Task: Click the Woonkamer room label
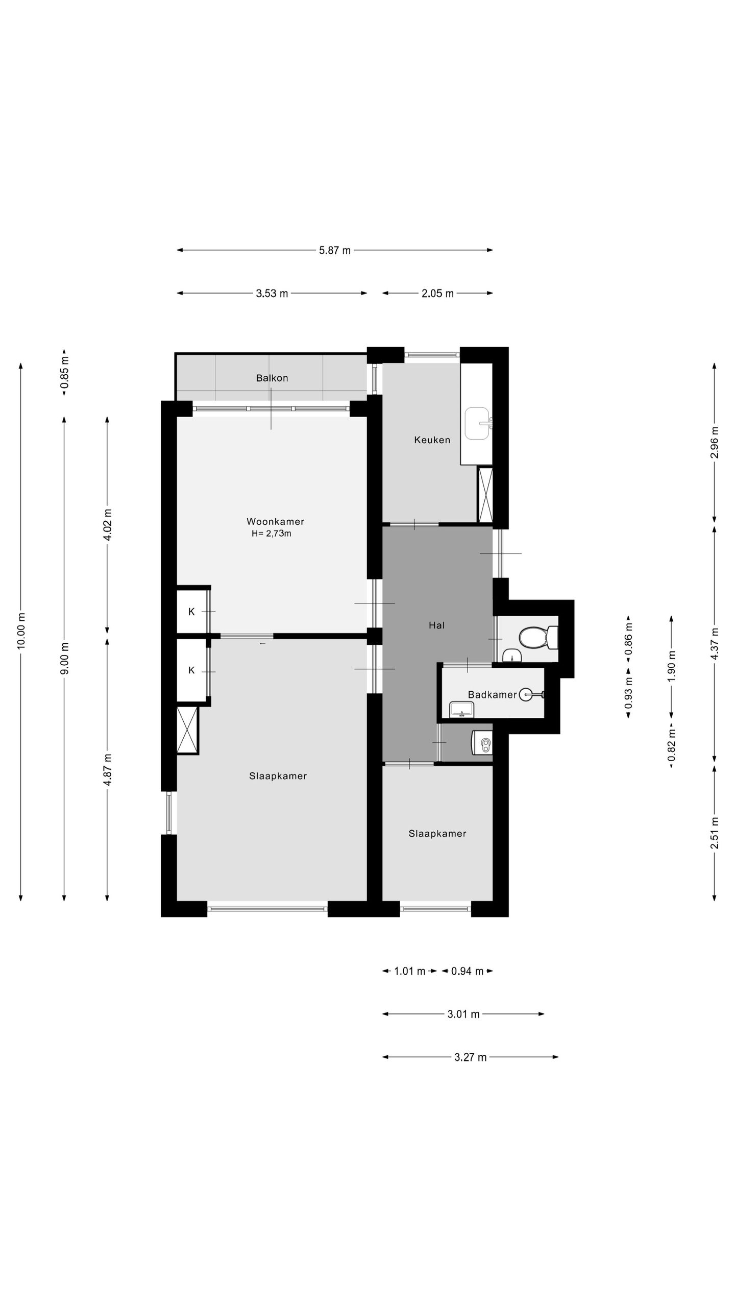275,521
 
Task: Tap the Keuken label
432,440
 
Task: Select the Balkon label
272,378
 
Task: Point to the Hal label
437,625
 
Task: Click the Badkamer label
493,694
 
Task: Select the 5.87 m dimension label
335,250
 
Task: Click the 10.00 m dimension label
21,631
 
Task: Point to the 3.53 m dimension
272,293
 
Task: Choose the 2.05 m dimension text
437,293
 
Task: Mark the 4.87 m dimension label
107,774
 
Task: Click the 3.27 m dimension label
471,1057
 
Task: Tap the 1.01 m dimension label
410,971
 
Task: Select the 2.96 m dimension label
715,442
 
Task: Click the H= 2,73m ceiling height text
271,534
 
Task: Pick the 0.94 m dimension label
467,971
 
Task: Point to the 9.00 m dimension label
64,658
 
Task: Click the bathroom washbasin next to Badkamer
461,709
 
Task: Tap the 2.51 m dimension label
715,833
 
